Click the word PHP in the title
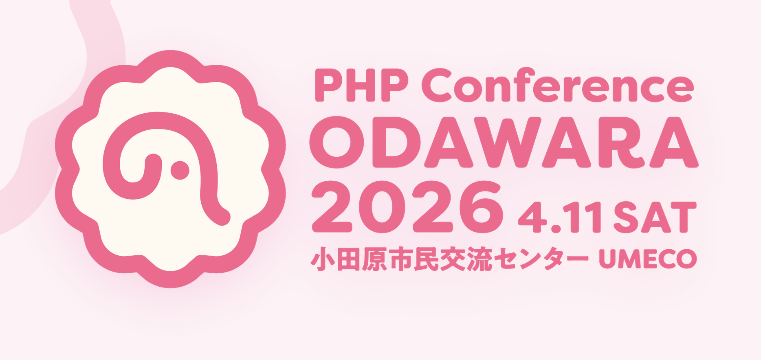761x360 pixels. coord(362,85)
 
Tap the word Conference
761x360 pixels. coord(557,85)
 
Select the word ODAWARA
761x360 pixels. coord(504,142)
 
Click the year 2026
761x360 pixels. coord(407,207)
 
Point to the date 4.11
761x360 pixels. coord(560,217)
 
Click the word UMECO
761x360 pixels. coord(648,259)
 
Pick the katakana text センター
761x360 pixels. coord(541,259)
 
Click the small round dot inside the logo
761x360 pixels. coord(180,170)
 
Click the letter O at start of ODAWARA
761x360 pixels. coord(337,142)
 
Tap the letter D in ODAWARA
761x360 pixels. coord(396,143)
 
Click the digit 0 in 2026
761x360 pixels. coord(382,207)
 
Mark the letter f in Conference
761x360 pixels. coord(522,84)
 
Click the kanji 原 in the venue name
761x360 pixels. coord(374,259)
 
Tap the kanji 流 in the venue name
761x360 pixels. coord(479,259)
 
